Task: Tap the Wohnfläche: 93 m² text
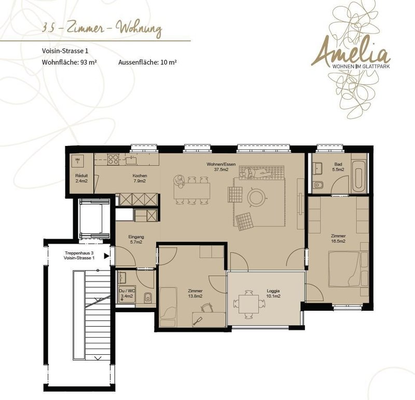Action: [69, 62]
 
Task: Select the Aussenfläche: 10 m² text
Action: [147, 62]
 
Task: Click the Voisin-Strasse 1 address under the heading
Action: [65, 51]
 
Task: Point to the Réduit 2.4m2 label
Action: [81, 178]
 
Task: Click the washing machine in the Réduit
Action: [77, 161]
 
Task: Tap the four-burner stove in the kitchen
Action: [113, 159]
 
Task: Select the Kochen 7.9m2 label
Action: [140, 178]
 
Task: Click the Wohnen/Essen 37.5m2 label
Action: [221, 167]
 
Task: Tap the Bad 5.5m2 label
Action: [338, 167]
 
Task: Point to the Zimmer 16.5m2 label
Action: [338, 238]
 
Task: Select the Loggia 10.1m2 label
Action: [273, 294]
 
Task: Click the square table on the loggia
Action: [249, 304]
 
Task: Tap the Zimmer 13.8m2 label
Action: [195, 294]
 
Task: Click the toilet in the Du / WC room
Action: [148, 298]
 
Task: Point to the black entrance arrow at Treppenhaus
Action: [107, 256]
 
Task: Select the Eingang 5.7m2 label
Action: [136, 239]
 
